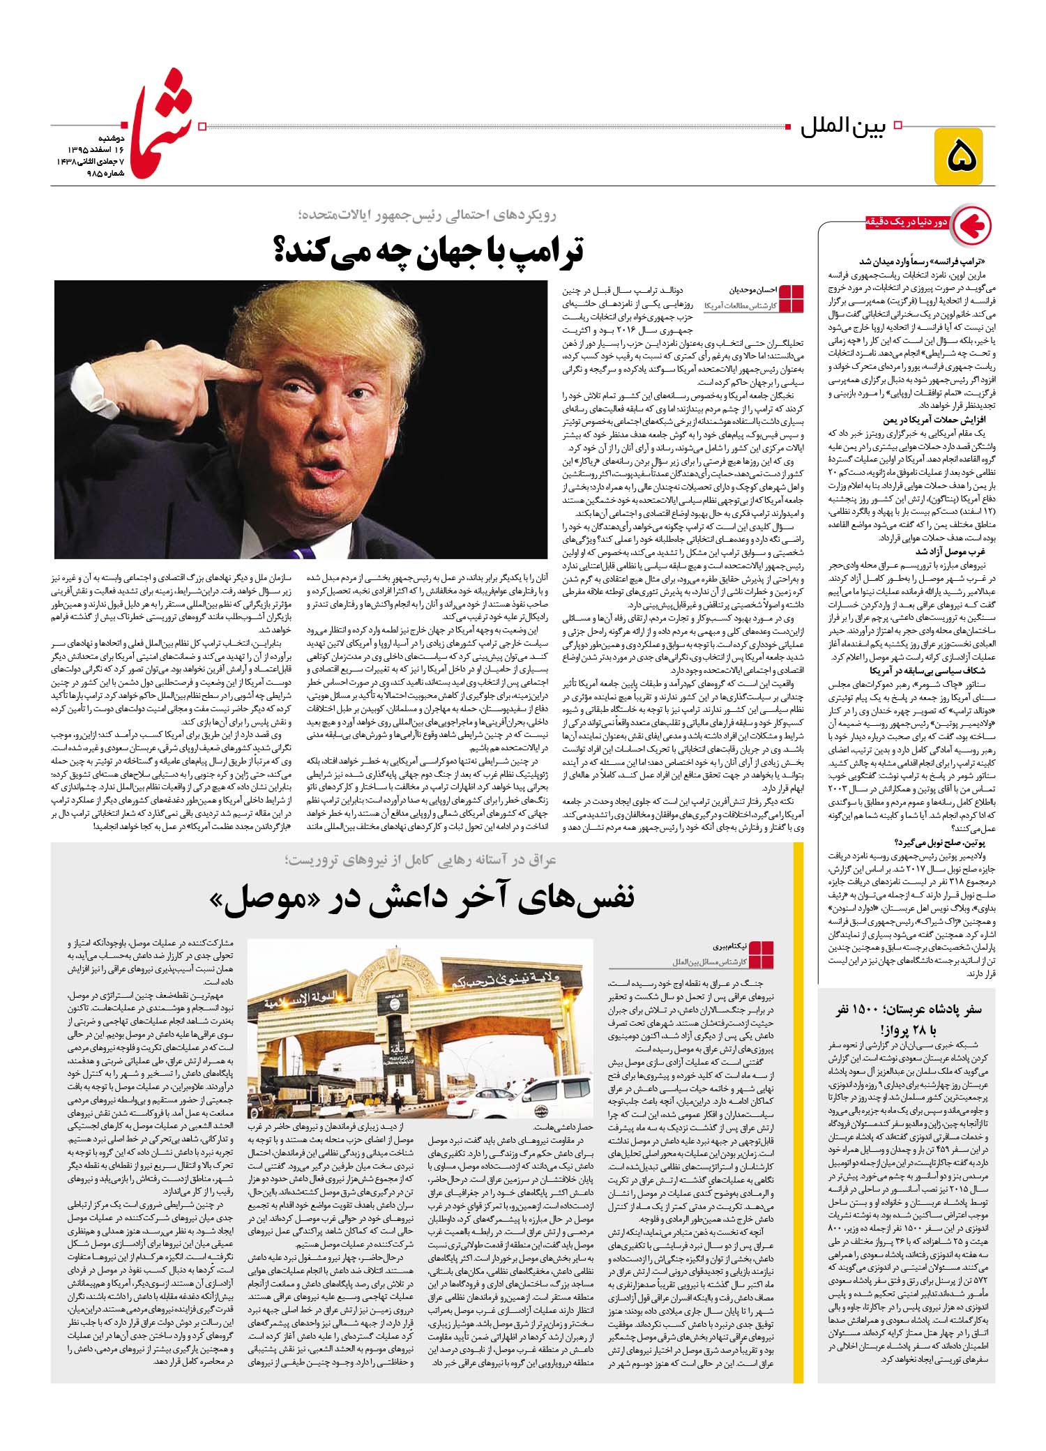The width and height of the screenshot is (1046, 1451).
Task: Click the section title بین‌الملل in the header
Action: pyautogui.click(x=841, y=128)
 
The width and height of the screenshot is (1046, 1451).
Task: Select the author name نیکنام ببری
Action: pyautogui.click(x=708, y=947)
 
